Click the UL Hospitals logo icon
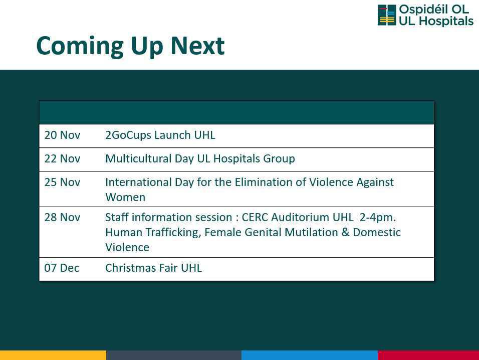coord(387,15)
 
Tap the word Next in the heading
coord(197,46)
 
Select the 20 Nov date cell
coord(62,135)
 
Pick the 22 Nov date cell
coord(62,158)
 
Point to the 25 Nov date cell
coord(62,182)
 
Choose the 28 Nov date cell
coord(62,217)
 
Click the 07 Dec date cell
coord(62,268)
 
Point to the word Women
coord(125,198)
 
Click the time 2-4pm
coord(378,218)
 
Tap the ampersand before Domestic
coord(346,233)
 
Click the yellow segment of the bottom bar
coord(53,355)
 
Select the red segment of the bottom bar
coord(428,355)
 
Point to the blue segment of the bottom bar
coord(310,355)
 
